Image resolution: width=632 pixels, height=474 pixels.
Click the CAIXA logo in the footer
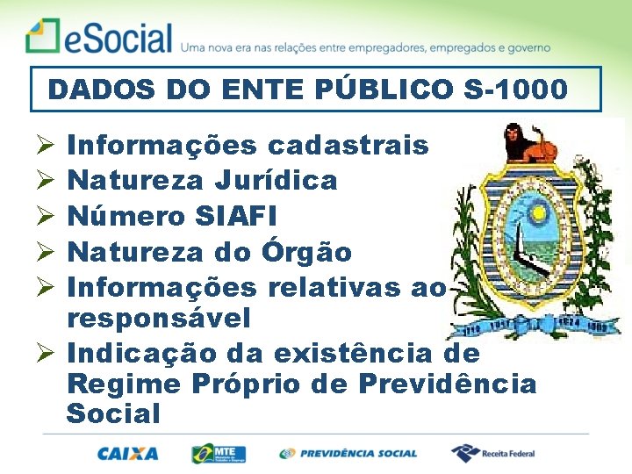coord(128,454)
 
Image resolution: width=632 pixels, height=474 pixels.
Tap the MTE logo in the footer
coord(219,454)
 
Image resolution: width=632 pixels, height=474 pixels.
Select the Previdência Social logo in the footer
coord(348,454)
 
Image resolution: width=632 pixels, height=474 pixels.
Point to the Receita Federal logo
coord(493,454)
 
